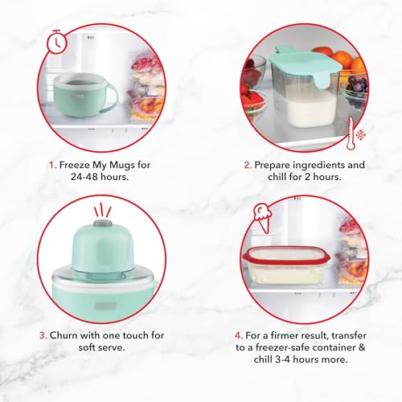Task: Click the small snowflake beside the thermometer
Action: click(361, 134)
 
